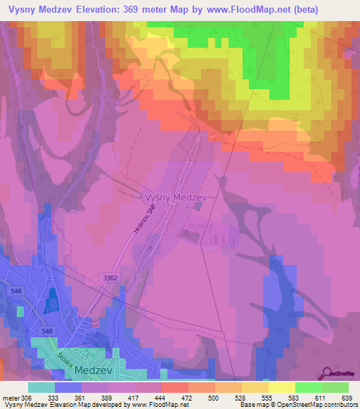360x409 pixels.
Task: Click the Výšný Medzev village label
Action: tap(174, 198)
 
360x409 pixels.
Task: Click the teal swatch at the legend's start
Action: tap(41, 387)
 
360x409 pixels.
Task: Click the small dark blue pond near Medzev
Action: tap(50, 304)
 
